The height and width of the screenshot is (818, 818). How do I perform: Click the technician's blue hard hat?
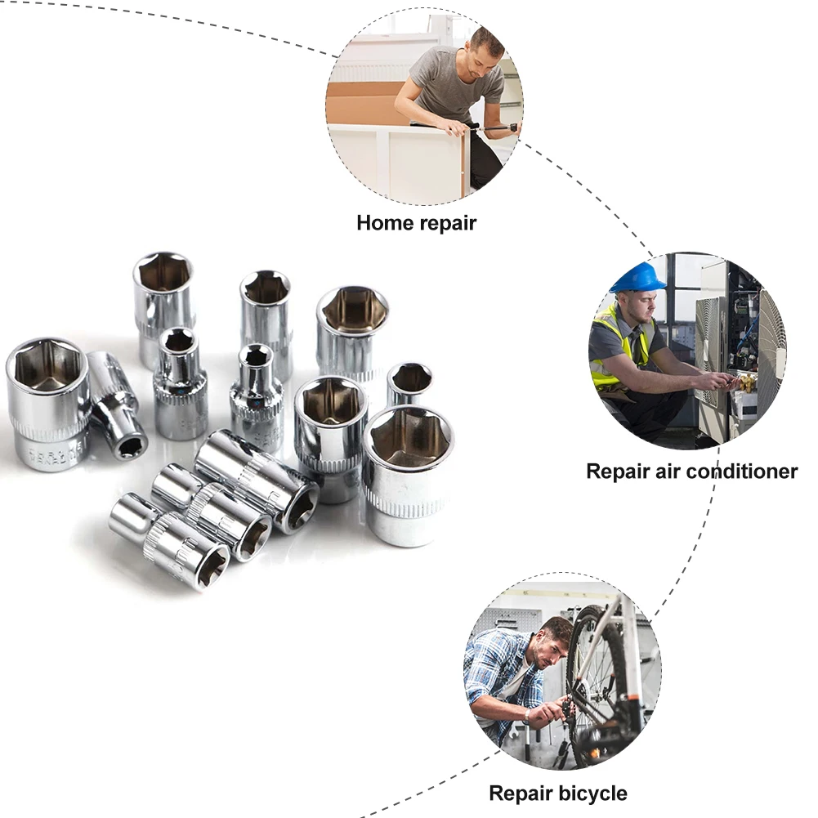pos(637,277)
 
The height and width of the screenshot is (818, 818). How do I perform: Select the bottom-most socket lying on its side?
pos(172,540)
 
